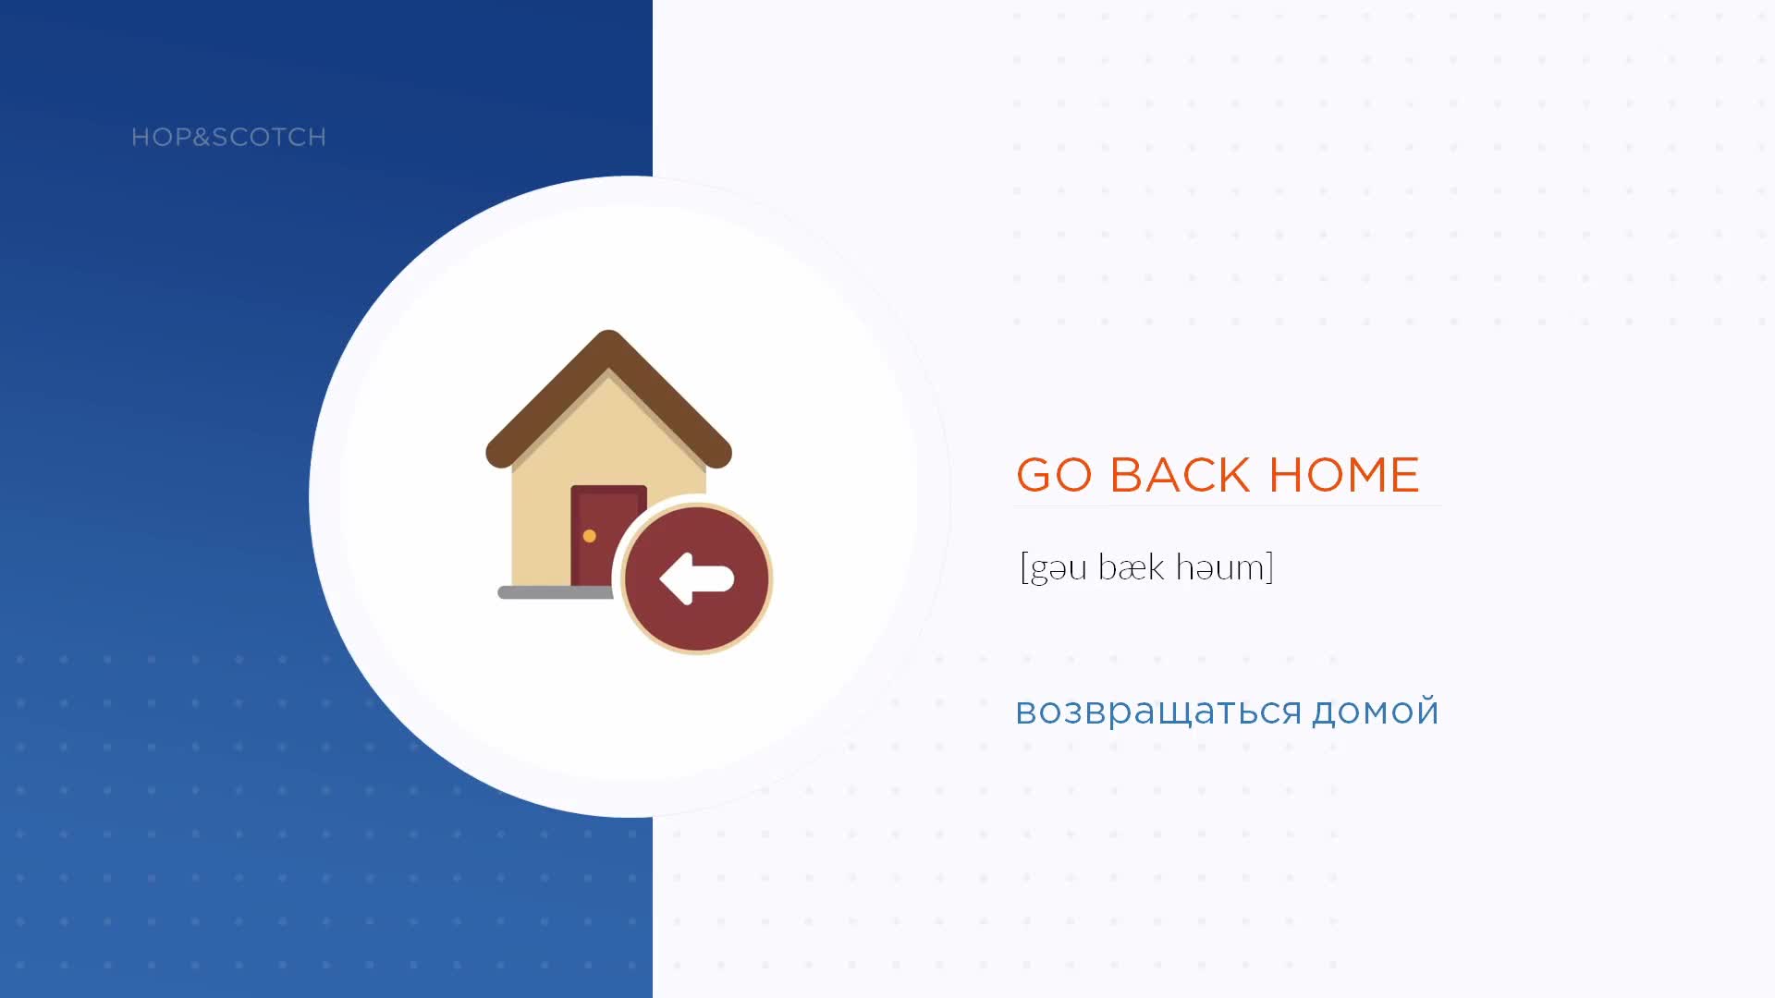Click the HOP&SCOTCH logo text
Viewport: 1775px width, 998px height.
point(228,137)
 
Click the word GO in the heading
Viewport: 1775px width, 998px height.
point(1054,475)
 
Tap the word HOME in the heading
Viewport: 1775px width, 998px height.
point(1344,475)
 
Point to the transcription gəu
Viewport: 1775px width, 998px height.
point(1059,568)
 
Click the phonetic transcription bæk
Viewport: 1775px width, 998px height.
point(1132,566)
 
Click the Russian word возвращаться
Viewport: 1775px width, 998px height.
point(1159,712)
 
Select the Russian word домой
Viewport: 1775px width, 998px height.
point(1376,711)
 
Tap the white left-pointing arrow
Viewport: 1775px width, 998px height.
point(696,578)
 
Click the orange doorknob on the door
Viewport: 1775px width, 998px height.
point(589,536)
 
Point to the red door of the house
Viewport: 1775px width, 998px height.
point(595,535)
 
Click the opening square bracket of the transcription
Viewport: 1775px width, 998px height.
point(1024,567)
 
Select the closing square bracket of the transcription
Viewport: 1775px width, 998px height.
point(1270,567)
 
